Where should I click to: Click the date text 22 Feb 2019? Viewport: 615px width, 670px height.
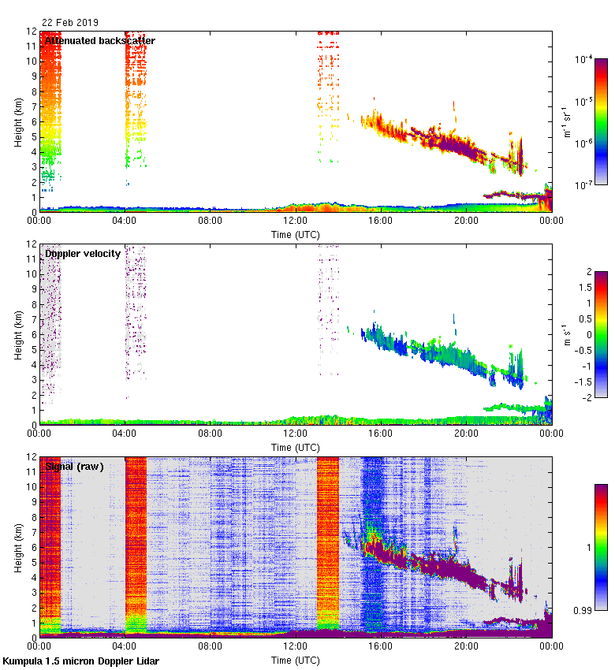(x=70, y=22)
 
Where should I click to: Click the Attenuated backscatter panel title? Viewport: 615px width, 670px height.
(x=99, y=40)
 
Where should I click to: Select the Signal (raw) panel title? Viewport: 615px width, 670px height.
(x=75, y=466)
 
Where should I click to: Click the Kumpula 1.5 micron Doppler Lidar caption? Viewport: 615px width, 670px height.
(x=81, y=661)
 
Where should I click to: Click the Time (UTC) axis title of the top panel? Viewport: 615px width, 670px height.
(x=296, y=234)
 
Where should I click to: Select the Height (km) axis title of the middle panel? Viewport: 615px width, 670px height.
(x=17, y=335)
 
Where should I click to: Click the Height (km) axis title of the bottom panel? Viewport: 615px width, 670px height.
(x=17, y=548)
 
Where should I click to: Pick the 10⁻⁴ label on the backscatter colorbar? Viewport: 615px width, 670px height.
(x=584, y=60)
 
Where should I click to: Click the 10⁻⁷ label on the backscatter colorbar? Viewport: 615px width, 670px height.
(x=584, y=185)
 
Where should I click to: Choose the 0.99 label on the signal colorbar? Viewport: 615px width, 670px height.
(x=583, y=610)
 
